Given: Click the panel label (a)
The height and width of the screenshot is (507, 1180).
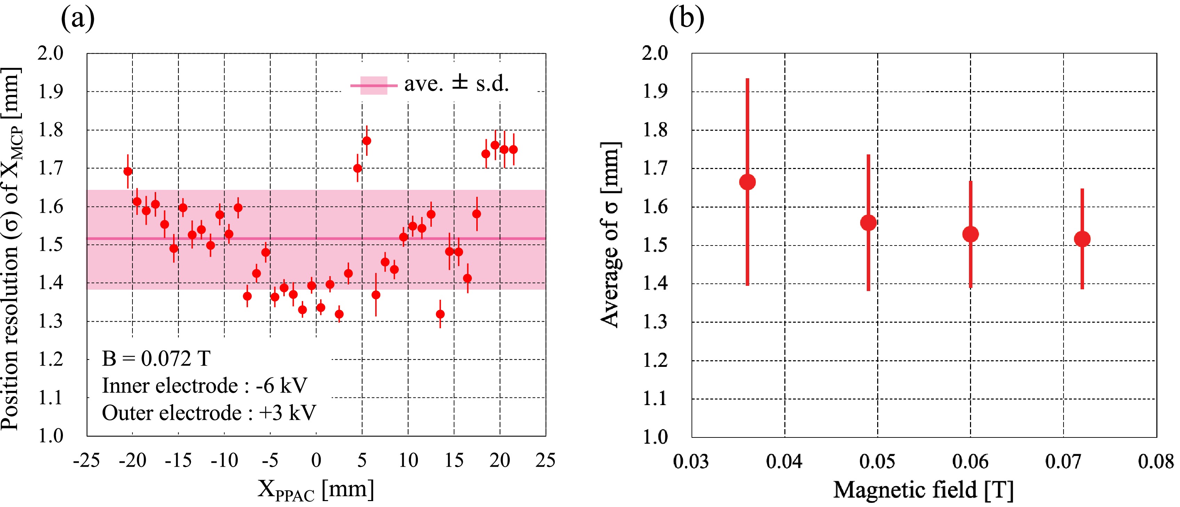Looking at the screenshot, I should point(78,19).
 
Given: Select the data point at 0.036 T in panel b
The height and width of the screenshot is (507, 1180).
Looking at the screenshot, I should point(747,182).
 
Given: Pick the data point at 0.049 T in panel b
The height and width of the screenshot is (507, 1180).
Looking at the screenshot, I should point(868,223).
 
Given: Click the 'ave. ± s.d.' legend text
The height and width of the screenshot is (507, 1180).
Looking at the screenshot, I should point(456,84).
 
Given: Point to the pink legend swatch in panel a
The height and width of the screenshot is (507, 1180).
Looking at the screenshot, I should point(373,86).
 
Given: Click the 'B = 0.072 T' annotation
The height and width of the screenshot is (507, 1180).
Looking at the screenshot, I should point(156,359).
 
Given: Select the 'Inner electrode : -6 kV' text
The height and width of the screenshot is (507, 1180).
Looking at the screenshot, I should point(204,386).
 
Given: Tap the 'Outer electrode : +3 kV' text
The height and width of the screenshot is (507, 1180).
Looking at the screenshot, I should point(209,413).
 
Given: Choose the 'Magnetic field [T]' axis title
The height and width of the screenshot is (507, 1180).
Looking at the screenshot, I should point(923,490).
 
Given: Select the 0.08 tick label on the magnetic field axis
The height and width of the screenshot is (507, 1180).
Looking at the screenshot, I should point(1156,461).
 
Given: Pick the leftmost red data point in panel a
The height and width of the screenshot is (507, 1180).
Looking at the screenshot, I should point(128,171).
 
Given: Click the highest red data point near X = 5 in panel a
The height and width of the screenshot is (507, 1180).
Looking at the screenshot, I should point(366,140).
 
